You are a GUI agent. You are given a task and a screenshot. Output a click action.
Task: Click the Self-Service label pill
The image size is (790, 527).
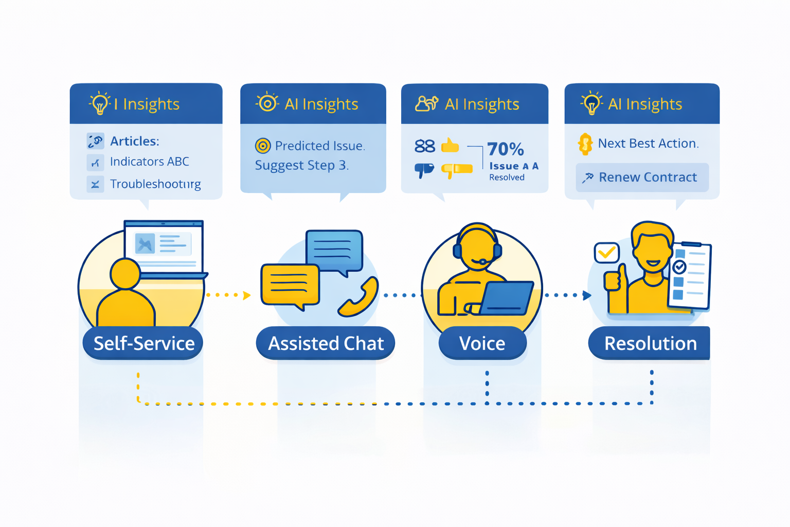(143, 343)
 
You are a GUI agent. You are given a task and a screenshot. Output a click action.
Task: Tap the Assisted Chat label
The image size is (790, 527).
(326, 343)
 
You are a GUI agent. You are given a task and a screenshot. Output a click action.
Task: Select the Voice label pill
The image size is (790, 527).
(482, 343)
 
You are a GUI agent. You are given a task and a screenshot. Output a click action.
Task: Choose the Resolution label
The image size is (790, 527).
(650, 343)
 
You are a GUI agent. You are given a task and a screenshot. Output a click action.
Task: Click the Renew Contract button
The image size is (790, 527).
(642, 178)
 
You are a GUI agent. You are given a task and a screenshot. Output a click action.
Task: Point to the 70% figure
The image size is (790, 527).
(506, 149)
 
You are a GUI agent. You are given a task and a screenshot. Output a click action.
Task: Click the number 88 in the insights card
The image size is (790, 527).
(425, 147)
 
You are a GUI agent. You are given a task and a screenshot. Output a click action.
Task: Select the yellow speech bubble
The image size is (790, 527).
(290, 285)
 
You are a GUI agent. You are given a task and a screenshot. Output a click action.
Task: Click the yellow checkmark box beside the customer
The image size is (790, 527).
(606, 253)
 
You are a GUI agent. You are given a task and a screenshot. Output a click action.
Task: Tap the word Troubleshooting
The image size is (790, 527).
(155, 184)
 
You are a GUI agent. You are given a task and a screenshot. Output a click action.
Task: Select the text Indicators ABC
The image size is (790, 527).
(150, 162)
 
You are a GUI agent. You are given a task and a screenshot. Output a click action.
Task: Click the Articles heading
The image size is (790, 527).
(134, 141)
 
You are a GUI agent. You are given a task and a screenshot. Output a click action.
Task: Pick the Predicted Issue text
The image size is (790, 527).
(319, 146)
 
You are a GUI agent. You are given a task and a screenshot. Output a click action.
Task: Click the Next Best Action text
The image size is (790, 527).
(648, 144)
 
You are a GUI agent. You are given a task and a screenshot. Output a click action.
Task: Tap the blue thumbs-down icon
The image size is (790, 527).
(424, 170)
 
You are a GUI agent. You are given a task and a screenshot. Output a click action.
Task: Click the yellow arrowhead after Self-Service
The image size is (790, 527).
(247, 295)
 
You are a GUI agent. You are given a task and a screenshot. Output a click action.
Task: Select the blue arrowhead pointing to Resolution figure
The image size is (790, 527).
(587, 295)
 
